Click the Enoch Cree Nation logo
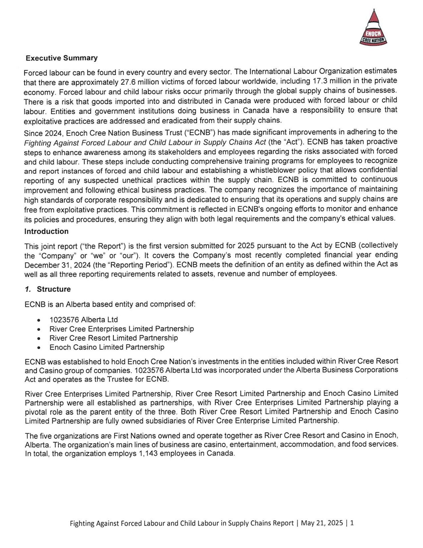373,28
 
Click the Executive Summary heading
62,58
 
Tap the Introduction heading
46,231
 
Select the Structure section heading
54,289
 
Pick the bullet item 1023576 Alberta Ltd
84,319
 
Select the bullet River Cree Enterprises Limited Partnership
121,329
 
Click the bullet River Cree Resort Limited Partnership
113,338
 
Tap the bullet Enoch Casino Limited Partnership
107,347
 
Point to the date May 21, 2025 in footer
322,523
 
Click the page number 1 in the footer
352,523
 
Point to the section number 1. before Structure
28,289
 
